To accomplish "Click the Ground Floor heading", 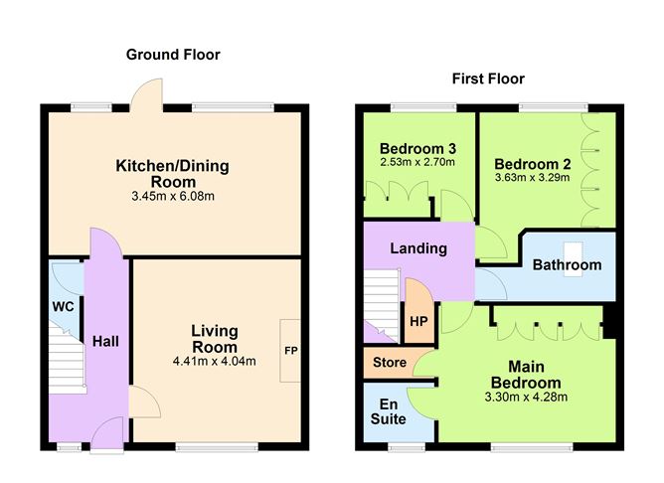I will point(173,55).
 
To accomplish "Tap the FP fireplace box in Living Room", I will point(291,351).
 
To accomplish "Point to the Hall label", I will point(105,341).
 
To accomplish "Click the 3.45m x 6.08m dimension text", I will point(173,196).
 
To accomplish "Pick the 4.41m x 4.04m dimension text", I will point(215,361).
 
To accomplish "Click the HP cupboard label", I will point(418,323).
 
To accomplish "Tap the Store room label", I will point(389,363).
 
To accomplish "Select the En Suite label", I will point(393,411).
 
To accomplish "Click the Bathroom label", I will point(567,265).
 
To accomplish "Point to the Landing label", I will point(417,248).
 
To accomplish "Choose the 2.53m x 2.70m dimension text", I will point(416,162).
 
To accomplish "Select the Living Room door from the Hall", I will point(142,402).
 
